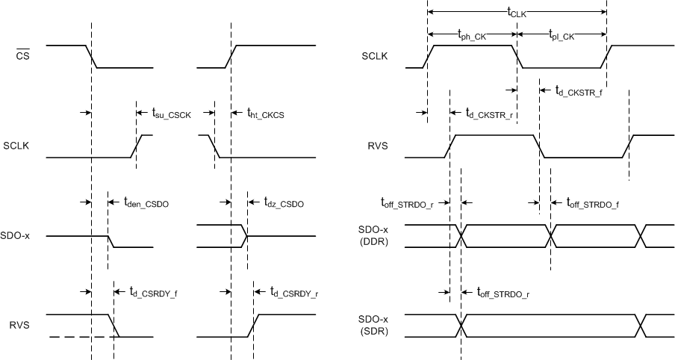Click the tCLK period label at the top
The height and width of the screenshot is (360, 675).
(x=517, y=13)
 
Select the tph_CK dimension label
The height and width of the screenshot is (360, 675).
(x=471, y=34)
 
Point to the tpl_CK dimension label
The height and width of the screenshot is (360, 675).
(x=562, y=34)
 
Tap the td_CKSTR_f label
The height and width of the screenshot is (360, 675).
(x=579, y=91)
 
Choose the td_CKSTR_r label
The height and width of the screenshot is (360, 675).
(x=490, y=114)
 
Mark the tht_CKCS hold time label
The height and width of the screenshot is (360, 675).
(x=266, y=114)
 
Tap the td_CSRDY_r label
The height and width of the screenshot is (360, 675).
(x=294, y=293)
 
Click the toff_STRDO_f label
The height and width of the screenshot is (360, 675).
(x=593, y=202)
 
